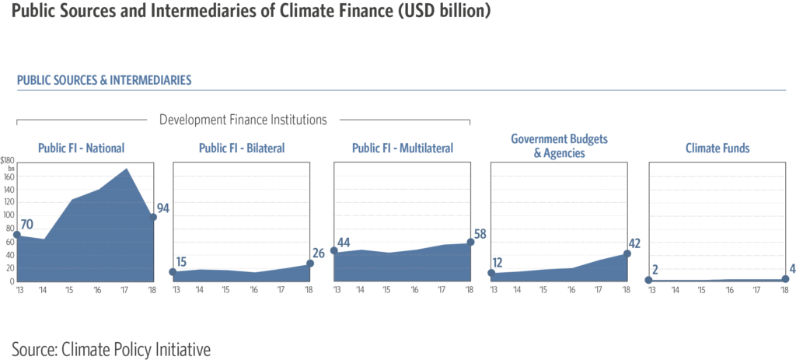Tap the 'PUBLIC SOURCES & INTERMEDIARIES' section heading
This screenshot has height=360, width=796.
point(104,80)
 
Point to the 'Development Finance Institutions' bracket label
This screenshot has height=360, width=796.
point(243,120)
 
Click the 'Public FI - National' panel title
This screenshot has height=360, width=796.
point(81,148)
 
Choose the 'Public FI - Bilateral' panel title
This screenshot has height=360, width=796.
point(242,148)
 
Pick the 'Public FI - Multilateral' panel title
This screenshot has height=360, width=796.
point(402,148)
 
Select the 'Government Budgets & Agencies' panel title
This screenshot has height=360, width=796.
point(559,146)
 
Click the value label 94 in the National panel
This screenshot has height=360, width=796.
point(163,208)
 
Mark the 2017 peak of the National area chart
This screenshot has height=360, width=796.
point(126,169)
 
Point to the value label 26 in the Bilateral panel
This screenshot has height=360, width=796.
point(319,253)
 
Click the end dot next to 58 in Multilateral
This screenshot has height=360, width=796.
point(470,242)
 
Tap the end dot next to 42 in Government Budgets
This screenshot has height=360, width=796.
point(627,253)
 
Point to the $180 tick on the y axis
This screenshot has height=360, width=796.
point(8,159)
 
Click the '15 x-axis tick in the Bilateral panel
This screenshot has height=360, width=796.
point(226,289)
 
